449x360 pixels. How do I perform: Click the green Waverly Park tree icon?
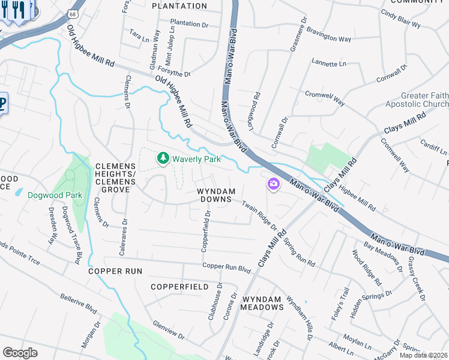click(x=162, y=158)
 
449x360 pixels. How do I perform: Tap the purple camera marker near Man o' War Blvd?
click(x=274, y=184)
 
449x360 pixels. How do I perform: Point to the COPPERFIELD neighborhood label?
click(x=179, y=287)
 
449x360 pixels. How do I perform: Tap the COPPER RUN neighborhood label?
click(x=115, y=271)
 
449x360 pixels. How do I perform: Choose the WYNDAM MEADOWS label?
click(x=262, y=302)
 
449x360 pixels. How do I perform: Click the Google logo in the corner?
click(x=20, y=352)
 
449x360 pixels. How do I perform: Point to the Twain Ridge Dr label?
click(x=259, y=215)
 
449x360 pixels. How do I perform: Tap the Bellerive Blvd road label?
click(x=79, y=303)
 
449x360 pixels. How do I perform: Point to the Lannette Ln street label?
click(x=329, y=62)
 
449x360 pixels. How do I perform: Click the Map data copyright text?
click(x=424, y=355)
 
